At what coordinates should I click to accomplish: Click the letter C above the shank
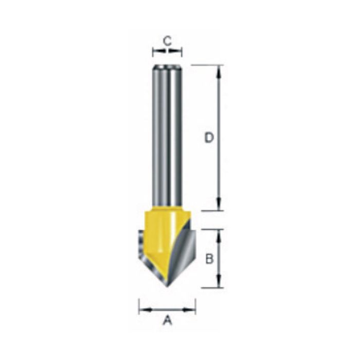[167, 40]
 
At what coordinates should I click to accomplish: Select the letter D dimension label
[208, 138]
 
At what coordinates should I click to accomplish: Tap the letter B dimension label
[209, 259]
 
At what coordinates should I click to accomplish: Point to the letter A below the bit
[167, 321]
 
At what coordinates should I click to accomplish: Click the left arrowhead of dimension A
[143, 310]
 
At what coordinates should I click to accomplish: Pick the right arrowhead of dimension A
[191, 310]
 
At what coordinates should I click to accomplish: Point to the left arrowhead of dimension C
[156, 51]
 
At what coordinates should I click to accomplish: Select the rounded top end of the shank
[167, 67]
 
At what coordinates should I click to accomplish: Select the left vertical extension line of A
[139, 306]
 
